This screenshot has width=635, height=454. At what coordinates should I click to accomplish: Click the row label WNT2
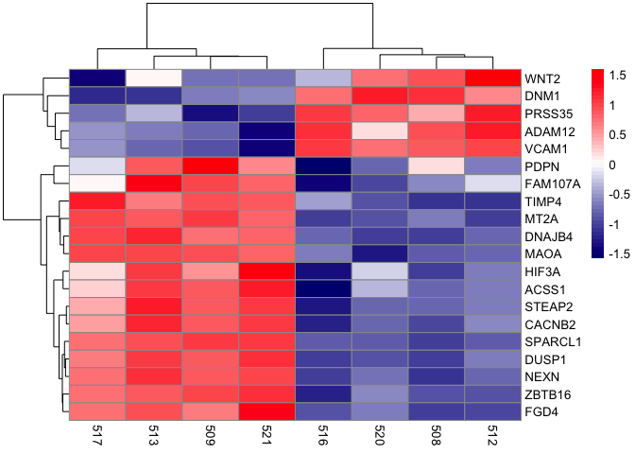coord(544,78)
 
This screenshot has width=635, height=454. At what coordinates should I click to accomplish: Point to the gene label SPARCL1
coord(554,340)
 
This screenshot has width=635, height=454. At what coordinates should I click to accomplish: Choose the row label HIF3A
coord(545,271)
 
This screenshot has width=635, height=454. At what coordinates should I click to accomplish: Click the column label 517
coord(97,436)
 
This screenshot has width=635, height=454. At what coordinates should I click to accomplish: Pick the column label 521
coord(267,436)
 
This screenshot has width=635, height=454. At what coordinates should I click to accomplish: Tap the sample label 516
coord(324,436)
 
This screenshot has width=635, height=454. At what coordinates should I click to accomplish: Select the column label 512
coord(493,436)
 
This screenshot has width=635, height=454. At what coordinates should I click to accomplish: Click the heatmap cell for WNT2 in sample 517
coord(97,78)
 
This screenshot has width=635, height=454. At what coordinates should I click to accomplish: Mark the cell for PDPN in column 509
coord(211,166)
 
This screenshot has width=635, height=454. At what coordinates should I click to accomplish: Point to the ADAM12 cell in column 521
coord(267,131)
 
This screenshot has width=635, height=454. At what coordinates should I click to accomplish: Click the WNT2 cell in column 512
coord(493,78)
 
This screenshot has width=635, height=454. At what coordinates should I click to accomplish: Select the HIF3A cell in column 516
coord(324,271)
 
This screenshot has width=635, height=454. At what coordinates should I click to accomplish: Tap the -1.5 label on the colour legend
coord(619,255)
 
